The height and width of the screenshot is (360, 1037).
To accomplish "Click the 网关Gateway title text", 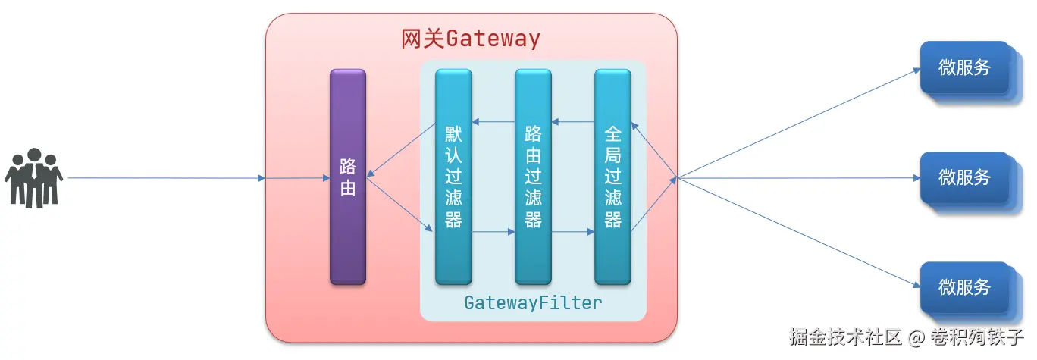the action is coord(470,39).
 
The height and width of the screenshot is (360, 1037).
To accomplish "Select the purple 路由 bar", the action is coord(348,177).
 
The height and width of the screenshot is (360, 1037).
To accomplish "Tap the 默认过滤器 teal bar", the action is coord(453,177).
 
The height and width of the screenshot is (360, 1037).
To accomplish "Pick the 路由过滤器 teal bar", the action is coord(534,177).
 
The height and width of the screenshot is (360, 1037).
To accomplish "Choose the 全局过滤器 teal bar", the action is coord(613,177).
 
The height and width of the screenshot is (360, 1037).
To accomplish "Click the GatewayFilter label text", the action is coord(534,303).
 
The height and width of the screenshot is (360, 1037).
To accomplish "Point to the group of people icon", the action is coord(33,178).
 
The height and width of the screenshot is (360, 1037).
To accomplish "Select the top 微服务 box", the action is coord(965,67).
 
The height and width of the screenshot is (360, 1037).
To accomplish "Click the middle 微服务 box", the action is coord(965,177).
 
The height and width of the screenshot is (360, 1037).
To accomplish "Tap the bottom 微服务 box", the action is coord(965,288).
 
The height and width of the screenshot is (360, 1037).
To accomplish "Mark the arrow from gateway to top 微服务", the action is coord(798,123).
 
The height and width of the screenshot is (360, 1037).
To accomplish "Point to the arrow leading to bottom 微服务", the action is coord(798,233).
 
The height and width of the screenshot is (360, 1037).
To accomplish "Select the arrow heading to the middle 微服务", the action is coord(798,178).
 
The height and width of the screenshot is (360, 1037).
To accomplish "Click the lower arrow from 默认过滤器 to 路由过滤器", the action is coord(493,231).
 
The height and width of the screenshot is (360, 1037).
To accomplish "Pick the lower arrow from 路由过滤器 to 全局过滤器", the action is coord(573,231).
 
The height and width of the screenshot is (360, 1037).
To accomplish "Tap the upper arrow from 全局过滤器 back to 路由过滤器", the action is coord(573,122).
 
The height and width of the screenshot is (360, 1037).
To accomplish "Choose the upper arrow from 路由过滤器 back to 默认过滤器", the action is coord(493,122).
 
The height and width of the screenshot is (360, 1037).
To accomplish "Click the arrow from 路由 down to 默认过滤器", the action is coord(399,204).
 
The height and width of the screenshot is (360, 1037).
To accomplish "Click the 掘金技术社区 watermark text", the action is coord(846,337).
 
